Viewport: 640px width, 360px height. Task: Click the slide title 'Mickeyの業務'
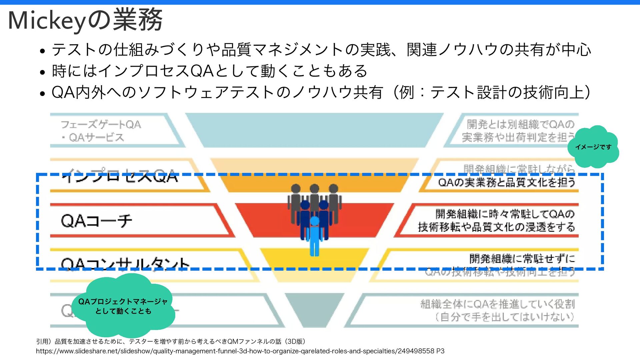pos(85,20)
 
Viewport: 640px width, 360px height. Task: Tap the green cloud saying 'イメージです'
pos(593,147)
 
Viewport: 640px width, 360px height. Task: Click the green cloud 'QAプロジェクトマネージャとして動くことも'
pos(123,306)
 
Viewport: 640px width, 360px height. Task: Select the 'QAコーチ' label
pos(97,221)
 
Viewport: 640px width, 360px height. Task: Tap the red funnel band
pos(267,220)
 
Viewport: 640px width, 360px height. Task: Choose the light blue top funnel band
pos(314,130)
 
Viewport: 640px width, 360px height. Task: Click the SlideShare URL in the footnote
pos(240,351)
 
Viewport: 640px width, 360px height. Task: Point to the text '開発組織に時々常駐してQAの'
pos(505,213)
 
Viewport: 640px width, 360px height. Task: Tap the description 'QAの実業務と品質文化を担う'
pos(506,182)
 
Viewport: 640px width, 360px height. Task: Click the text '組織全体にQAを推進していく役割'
pos(497,304)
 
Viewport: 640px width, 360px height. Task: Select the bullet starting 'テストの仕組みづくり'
pos(321,50)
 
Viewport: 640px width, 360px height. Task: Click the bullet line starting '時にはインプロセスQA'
pos(210,71)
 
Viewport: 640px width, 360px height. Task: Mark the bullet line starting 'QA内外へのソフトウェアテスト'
pos(321,92)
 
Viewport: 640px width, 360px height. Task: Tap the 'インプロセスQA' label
pos(120,176)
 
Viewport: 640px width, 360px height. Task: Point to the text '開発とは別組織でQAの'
pos(520,124)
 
